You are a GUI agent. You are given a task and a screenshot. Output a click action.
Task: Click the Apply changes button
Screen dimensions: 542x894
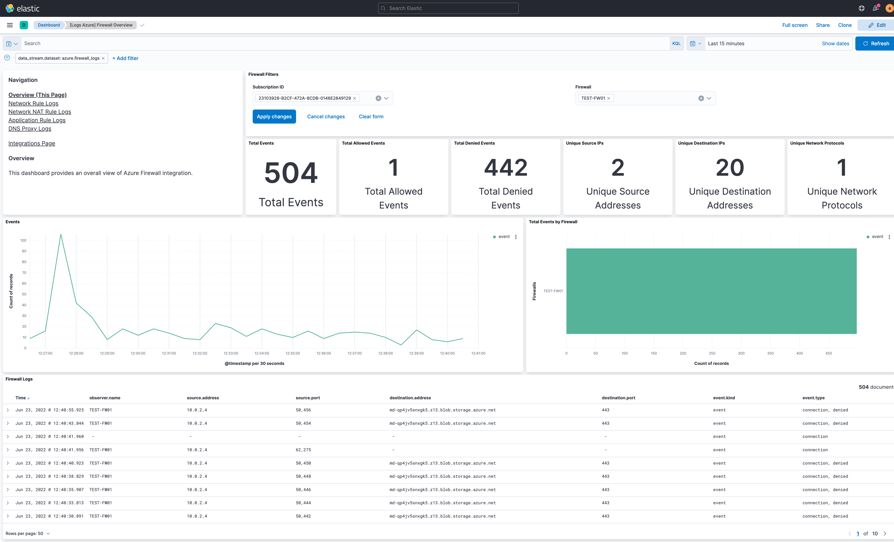[x=274, y=116]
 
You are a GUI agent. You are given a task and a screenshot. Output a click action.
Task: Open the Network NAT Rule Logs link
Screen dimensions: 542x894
[x=40, y=112]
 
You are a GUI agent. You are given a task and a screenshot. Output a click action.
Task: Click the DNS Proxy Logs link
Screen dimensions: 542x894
[x=30, y=129]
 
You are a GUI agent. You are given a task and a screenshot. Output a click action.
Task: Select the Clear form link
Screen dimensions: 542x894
[x=371, y=116]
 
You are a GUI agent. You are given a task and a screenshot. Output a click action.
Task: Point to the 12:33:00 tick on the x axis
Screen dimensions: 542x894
[x=231, y=353]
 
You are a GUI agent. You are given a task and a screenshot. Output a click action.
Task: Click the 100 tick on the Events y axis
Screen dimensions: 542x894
[x=23, y=240]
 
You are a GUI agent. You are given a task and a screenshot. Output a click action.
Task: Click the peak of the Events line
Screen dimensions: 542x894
[x=61, y=234]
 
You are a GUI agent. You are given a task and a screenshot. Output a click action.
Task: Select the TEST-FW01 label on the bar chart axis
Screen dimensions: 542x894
[x=553, y=291]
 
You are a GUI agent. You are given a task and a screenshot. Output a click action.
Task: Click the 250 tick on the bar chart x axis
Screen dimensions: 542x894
[x=712, y=353]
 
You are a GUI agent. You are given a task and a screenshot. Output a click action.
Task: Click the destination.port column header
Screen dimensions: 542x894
[x=618, y=398]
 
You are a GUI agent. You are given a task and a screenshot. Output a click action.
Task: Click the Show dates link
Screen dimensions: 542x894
[x=835, y=44]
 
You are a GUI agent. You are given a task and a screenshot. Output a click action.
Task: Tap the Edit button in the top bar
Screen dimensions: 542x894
[x=877, y=25]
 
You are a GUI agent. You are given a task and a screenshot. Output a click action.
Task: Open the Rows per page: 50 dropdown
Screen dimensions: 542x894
[x=28, y=533]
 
